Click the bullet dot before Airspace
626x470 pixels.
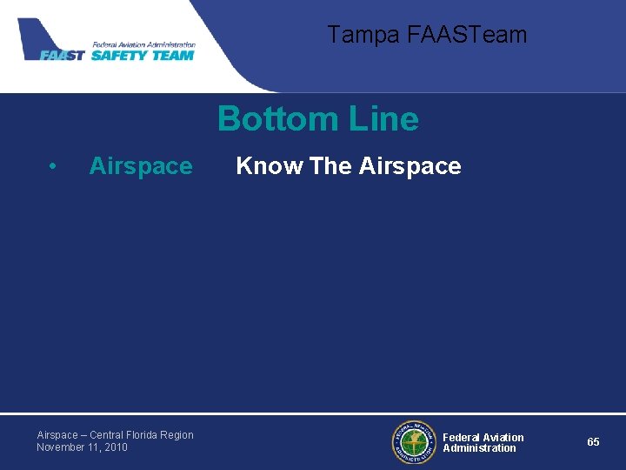[x=54, y=166]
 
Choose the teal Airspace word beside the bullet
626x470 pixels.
[x=141, y=166]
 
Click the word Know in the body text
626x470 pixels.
[x=270, y=166]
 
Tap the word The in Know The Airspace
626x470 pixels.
[x=330, y=166]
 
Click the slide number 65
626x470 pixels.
[x=593, y=442]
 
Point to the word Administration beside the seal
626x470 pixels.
[x=479, y=448]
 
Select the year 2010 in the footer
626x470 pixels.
[x=115, y=447]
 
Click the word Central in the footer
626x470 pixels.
[x=107, y=435]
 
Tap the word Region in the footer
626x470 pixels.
[x=177, y=435]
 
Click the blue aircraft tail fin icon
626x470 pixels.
[x=36, y=36]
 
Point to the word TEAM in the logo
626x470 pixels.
[x=173, y=55]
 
